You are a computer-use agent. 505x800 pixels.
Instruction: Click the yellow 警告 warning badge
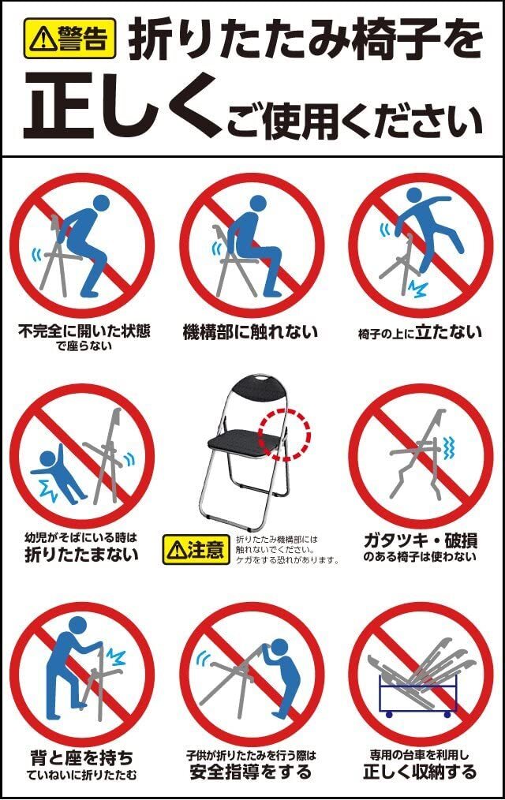coord(70,39)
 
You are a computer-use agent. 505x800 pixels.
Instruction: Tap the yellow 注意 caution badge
coord(196,549)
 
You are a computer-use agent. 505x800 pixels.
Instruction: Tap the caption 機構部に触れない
coord(250,332)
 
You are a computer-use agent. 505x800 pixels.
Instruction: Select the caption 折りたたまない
coord(81,554)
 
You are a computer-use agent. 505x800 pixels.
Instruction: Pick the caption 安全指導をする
coord(250,772)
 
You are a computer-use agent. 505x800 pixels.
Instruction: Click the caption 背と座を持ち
coord(81,757)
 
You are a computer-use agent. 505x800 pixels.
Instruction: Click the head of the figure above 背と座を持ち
coord(77,625)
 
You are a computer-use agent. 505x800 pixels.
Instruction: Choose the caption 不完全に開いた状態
coord(84,331)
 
